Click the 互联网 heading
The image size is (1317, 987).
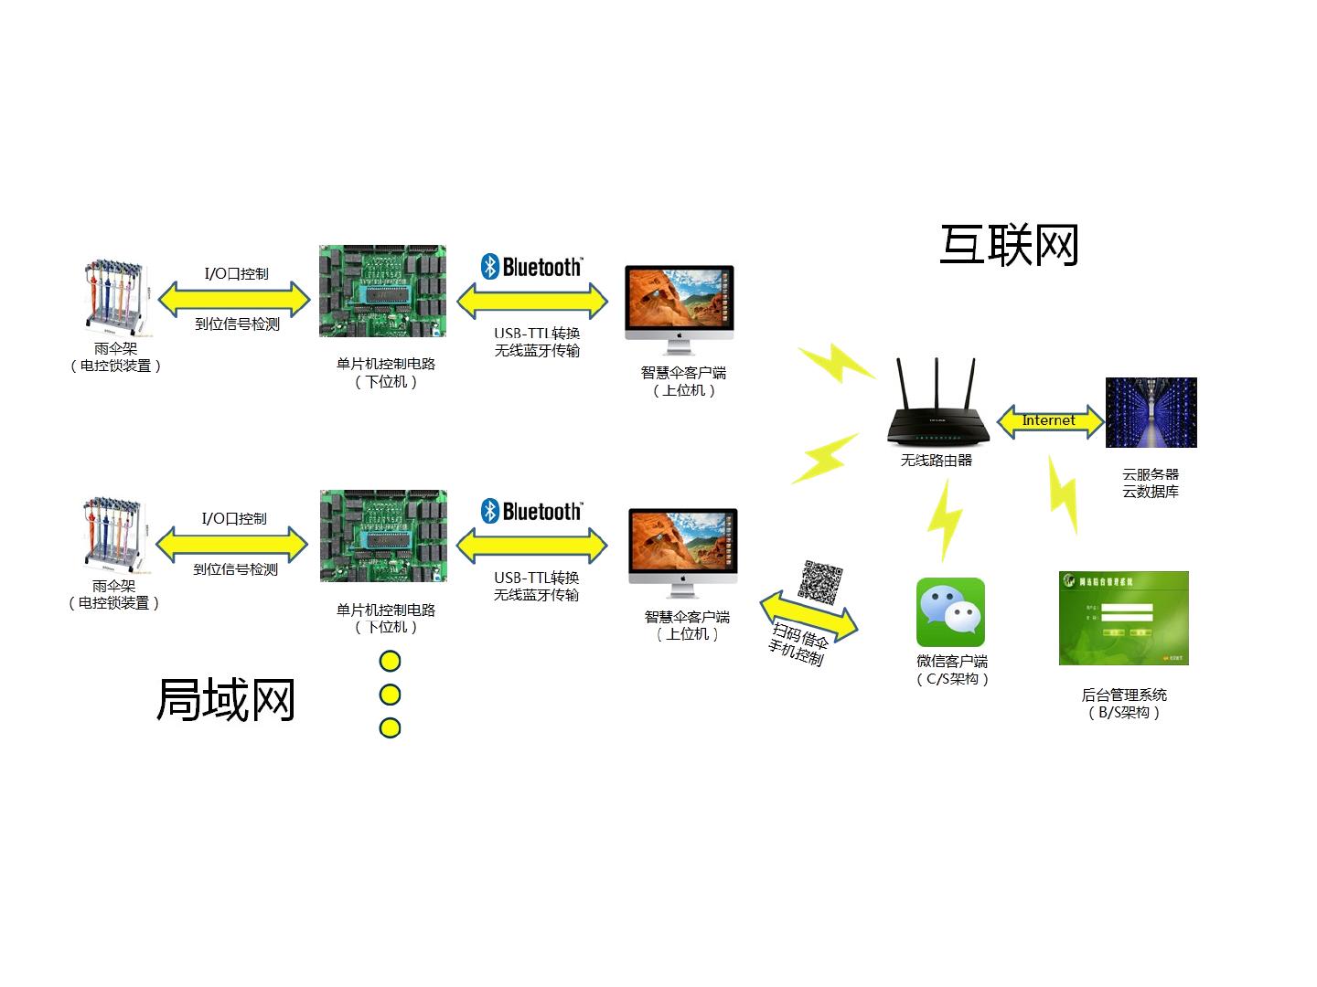[x=1010, y=246]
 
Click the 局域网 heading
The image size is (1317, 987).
[x=226, y=701]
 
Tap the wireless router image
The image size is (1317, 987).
[x=936, y=408]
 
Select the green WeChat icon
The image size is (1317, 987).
[x=950, y=611]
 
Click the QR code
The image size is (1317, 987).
[x=820, y=581]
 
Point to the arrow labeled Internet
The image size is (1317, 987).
[x=1049, y=421]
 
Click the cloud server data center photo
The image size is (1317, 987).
[x=1151, y=412]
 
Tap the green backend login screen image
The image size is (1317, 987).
[x=1123, y=618]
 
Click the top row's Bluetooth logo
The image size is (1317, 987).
[x=531, y=267]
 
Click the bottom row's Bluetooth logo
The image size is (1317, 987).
[x=531, y=511]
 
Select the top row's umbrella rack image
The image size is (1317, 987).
[x=113, y=298]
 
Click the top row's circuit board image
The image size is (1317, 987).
[x=382, y=291]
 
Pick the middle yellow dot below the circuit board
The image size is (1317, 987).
[x=390, y=695]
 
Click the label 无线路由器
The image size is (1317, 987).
[x=936, y=461]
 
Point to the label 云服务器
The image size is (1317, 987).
[x=1151, y=474]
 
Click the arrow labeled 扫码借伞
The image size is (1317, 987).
[x=808, y=617]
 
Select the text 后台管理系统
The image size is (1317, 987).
[x=1124, y=695]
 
